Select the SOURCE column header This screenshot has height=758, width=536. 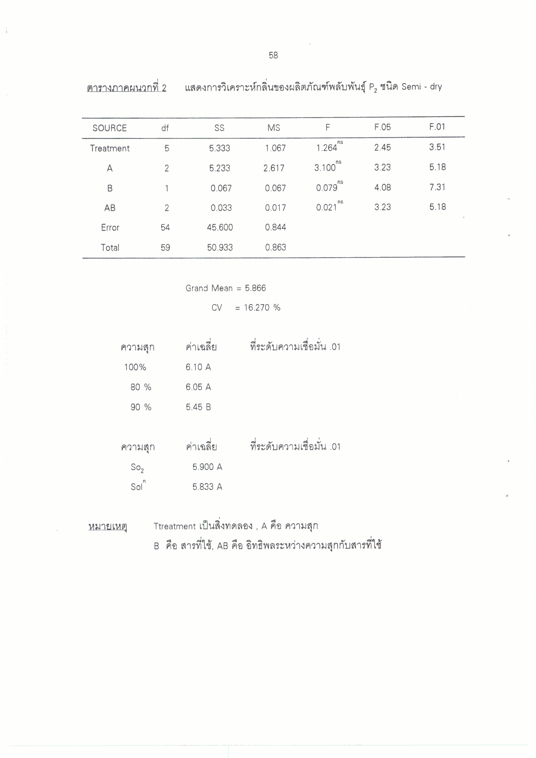point(109,128)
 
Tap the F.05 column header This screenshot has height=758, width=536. point(382,127)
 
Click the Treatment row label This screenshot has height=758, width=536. point(110,148)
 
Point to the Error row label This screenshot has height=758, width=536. point(110,227)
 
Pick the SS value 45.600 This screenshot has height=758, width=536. point(220,227)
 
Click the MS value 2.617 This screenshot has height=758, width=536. point(274,168)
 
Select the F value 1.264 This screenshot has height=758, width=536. point(327,148)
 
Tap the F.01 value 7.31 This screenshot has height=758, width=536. point(437,187)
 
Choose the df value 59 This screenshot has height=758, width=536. point(165,248)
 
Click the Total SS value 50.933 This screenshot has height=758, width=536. point(220,248)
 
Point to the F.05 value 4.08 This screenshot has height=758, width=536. point(382,188)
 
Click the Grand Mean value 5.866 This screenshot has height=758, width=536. point(255,288)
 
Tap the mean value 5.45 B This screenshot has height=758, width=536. point(198,407)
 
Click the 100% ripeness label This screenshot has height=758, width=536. point(135,367)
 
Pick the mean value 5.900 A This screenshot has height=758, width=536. point(207,467)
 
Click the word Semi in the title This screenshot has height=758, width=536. point(411,87)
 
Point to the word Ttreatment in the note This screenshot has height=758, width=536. point(175,526)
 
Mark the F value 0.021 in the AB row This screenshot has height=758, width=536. point(327,207)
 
